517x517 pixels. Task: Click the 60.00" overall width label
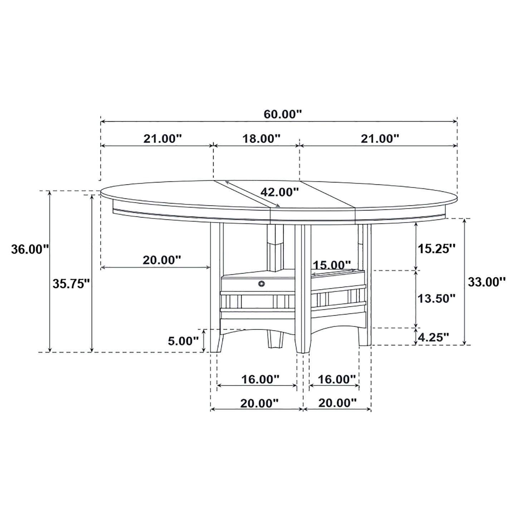[283, 114]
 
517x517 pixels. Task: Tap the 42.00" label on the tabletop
[279, 192]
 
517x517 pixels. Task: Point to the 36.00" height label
[30, 249]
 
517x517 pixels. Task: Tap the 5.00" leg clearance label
[183, 341]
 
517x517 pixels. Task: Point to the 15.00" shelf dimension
[332, 265]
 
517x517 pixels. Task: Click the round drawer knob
[262, 284]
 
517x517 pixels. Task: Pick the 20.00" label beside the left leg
[162, 260]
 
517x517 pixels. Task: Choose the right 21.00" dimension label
[380, 138]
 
